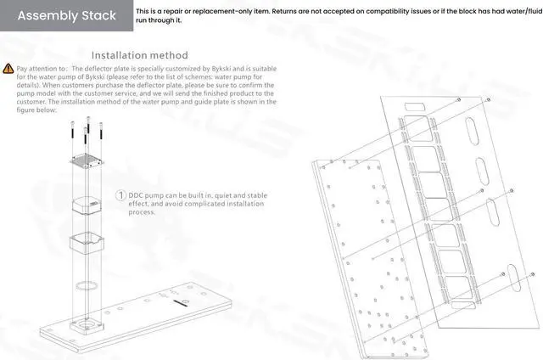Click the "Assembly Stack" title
(x=66, y=15)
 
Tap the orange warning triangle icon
(x=8, y=67)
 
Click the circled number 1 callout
(x=121, y=196)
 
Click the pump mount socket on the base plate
(x=89, y=326)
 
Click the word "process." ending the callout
(x=143, y=212)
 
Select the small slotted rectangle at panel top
(x=414, y=108)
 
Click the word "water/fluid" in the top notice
(x=518, y=11)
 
